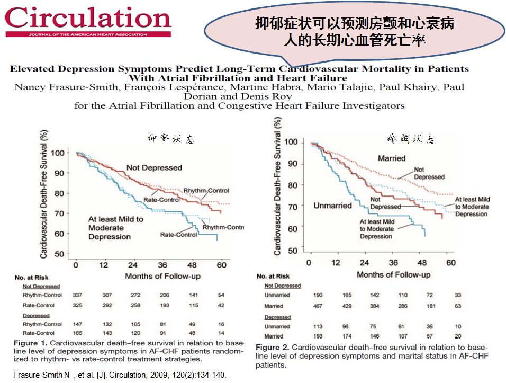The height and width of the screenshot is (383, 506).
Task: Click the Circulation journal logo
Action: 88,20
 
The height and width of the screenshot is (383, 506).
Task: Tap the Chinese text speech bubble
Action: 354,32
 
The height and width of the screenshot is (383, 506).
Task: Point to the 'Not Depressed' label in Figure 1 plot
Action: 153,168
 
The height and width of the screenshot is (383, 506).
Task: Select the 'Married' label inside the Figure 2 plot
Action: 391,158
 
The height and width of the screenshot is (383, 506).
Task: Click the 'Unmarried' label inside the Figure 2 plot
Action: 332,205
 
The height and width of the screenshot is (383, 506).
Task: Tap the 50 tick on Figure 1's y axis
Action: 59,254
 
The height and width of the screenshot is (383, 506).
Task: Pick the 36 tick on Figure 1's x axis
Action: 162,265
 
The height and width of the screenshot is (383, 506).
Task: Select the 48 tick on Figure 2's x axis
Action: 422,263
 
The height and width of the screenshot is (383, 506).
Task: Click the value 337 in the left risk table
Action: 77,295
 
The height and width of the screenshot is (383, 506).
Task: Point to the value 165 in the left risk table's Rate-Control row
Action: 77,333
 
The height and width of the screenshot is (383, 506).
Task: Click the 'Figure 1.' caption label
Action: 30,343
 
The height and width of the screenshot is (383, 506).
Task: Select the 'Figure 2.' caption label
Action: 273,347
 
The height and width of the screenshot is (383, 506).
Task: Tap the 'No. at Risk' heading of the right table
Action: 273,276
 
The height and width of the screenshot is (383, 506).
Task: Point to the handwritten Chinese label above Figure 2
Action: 411,140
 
